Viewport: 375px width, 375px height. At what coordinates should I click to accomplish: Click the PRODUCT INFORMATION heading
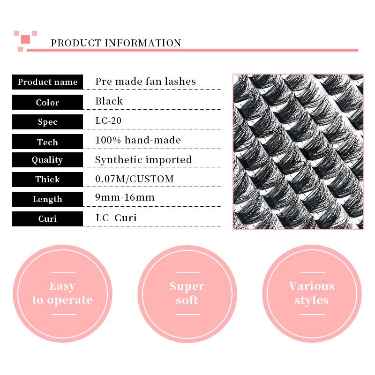pyautogui.click(x=116, y=43)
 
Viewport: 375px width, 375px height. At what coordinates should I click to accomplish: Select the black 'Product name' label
pyautogui.click(x=47, y=82)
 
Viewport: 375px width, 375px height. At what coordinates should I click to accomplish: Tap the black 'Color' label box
pyautogui.click(x=47, y=102)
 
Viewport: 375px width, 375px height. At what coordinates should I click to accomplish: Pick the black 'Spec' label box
pyautogui.click(x=47, y=122)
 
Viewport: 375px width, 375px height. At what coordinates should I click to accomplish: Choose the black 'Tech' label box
pyautogui.click(x=47, y=142)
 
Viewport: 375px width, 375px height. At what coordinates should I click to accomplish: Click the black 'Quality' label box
pyautogui.click(x=47, y=160)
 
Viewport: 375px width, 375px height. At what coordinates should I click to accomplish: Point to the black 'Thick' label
pyautogui.click(x=47, y=179)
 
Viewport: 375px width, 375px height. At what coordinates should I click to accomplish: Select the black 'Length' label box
pyautogui.click(x=47, y=199)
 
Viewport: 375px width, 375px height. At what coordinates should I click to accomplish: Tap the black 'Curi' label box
pyautogui.click(x=47, y=219)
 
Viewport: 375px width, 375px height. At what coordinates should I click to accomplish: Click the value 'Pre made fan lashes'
pyautogui.click(x=145, y=82)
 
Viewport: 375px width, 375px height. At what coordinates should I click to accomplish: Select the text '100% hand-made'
pyautogui.click(x=138, y=140)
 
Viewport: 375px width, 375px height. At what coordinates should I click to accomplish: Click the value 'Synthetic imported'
pyautogui.click(x=143, y=160)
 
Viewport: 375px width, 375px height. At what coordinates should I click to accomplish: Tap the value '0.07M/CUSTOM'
pyautogui.click(x=135, y=179)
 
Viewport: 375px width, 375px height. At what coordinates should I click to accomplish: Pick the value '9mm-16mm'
pyautogui.click(x=125, y=197)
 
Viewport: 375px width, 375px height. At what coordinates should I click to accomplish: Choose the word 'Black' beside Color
pyautogui.click(x=109, y=101)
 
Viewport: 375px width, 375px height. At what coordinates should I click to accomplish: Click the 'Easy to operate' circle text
pyautogui.click(x=62, y=293)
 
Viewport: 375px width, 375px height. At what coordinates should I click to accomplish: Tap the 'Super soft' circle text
pyautogui.click(x=187, y=293)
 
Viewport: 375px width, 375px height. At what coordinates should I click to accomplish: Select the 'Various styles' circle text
pyautogui.click(x=312, y=293)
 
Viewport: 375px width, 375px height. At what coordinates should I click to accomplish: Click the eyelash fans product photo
pyautogui.click(x=298, y=151)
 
